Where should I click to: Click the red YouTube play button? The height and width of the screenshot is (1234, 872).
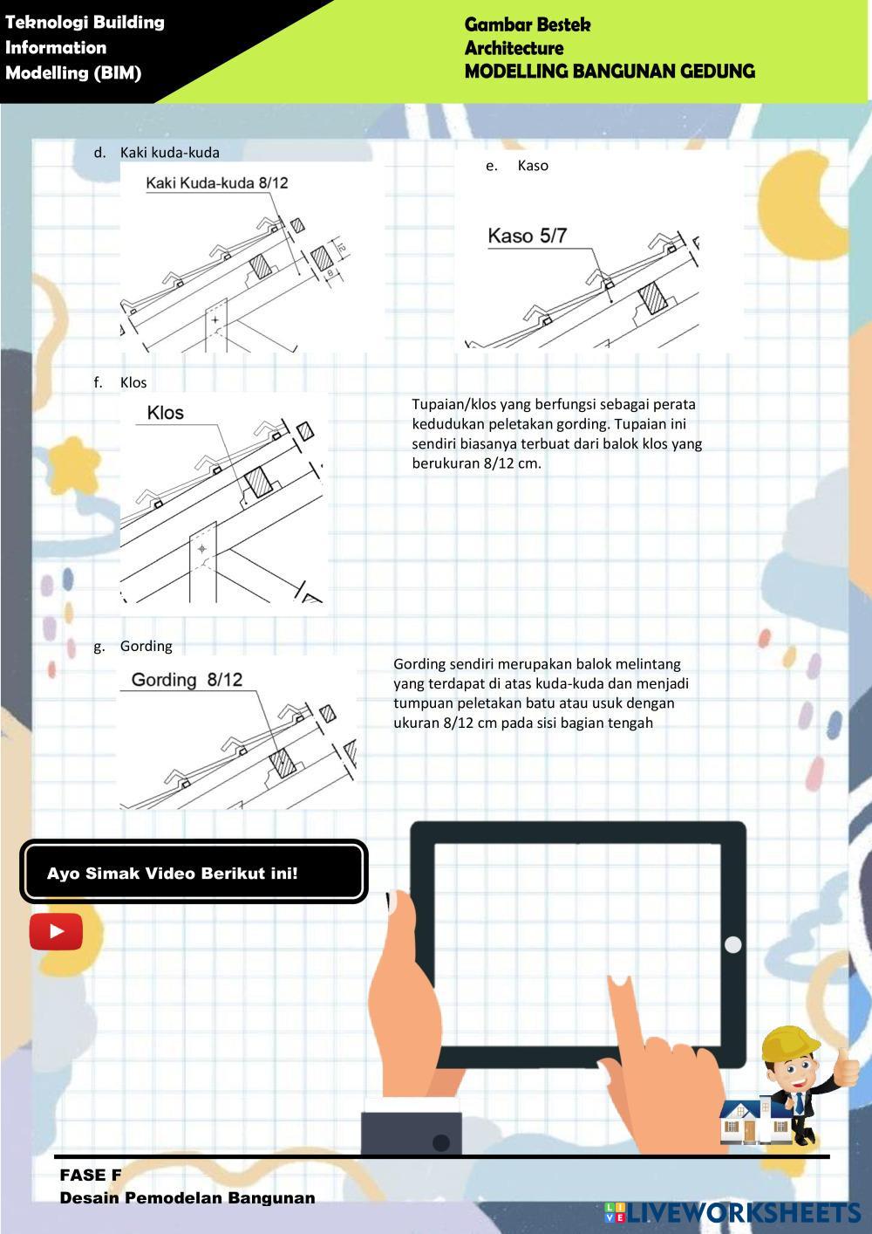(x=56, y=931)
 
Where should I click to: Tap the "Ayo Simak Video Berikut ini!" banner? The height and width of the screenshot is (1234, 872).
(x=194, y=874)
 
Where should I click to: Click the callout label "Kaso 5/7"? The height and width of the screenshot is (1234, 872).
(x=527, y=236)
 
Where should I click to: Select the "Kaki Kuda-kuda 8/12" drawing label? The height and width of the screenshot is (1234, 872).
(x=217, y=183)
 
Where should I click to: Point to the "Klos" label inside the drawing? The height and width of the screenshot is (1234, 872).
(x=165, y=413)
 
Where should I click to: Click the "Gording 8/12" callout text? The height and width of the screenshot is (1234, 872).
(x=187, y=680)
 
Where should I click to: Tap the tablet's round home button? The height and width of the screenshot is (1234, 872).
(x=732, y=944)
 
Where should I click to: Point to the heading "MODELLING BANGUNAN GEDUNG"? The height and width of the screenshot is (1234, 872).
(x=610, y=71)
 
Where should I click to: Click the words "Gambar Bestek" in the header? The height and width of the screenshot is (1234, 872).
(x=528, y=24)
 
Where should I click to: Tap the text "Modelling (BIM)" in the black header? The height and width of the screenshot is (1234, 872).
(x=73, y=72)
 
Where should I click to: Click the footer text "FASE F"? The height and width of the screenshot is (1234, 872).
(x=91, y=1175)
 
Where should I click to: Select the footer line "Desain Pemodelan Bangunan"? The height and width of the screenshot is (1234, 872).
(x=187, y=1197)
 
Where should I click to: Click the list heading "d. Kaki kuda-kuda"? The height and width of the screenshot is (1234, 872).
(x=156, y=153)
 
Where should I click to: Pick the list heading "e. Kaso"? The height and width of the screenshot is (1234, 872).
(x=517, y=165)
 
